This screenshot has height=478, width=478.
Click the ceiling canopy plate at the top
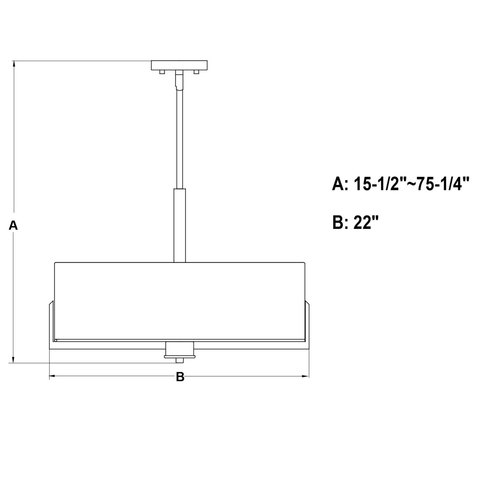coord(179,65)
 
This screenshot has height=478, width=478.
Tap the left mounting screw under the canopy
coord(162,72)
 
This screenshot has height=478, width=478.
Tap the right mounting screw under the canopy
coord(196,72)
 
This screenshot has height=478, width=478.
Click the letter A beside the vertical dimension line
coord(13,226)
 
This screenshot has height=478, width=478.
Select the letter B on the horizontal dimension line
coord(180,377)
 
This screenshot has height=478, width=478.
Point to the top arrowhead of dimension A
coord(13,64)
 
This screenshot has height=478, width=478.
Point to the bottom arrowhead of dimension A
coord(13,360)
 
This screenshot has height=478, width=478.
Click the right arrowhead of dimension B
coord(305,376)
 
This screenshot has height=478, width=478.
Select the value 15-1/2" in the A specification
coord(376,184)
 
